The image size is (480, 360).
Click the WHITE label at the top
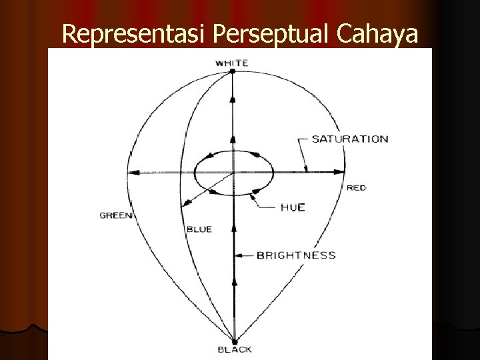[232, 63]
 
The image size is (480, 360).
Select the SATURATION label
[350, 139]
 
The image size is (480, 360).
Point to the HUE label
[292, 207]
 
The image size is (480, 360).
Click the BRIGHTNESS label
[297, 255]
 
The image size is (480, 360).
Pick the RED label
[356, 188]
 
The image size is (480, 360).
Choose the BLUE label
[199, 229]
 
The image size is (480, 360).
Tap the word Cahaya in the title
[381, 34]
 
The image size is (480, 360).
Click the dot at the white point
[233, 73]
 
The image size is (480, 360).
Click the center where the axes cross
[233, 173]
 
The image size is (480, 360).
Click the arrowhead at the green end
[133, 172]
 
